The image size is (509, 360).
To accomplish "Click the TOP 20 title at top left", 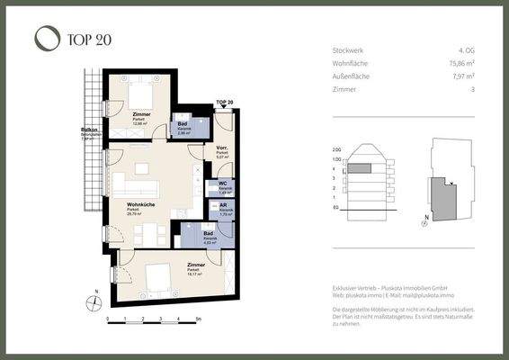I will point(88,39).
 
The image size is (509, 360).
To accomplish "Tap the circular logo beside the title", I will point(46,38).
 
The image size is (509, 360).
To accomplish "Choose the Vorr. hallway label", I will point(221,148).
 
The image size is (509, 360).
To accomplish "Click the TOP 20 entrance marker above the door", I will point(224,103).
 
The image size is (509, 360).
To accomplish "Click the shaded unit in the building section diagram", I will point(360,167).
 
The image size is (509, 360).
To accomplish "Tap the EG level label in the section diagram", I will point(335,208).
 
